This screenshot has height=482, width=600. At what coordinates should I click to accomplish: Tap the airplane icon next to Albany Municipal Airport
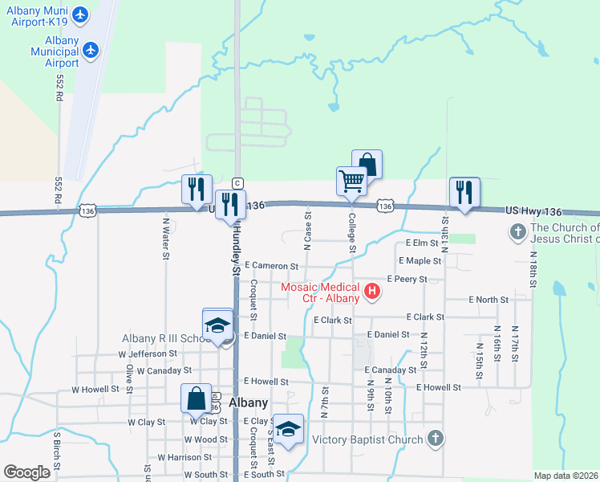[x=91, y=51]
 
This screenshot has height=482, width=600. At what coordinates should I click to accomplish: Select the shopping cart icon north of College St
[x=351, y=181]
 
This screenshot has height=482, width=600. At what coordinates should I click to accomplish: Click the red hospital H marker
[x=371, y=292]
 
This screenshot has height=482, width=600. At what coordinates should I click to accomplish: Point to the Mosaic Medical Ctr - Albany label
[x=321, y=292]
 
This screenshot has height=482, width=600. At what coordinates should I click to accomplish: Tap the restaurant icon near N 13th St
[x=464, y=192]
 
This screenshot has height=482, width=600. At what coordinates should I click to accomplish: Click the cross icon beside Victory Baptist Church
[x=435, y=439]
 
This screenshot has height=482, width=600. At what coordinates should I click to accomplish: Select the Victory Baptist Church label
[x=367, y=439]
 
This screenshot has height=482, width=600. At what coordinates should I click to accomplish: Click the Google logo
[x=26, y=472]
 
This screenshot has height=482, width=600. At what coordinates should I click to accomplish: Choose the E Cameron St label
[x=272, y=265]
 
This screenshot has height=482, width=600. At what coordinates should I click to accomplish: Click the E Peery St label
[x=407, y=279]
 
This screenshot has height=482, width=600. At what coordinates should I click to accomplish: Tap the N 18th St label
[x=532, y=268]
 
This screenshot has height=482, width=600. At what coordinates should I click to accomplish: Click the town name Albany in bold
[x=248, y=402]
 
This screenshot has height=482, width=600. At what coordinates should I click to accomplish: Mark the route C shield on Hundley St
[x=237, y=183]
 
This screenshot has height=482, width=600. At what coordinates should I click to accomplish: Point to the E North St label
[x=489, y=300]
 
